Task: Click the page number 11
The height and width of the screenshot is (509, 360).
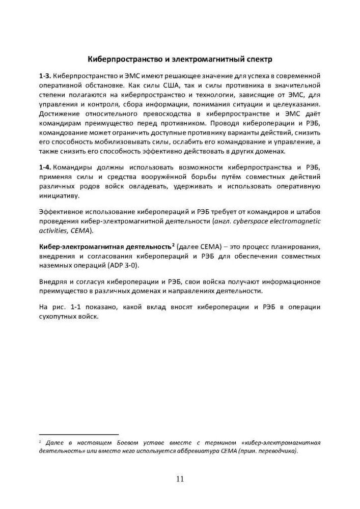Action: click(180, 478)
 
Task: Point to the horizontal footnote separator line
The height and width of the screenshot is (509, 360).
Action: click(79, 433)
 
